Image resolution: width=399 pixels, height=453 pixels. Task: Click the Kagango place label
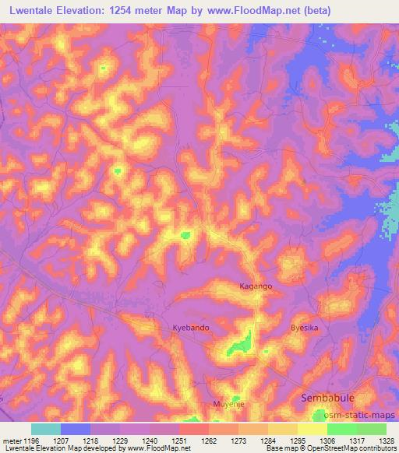[x=256, y=286]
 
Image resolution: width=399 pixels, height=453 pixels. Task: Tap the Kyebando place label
[x=191, y=328]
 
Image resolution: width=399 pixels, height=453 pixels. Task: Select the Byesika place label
[x=305, y=328]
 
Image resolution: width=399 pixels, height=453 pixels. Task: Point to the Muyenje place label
[x=228, y=405]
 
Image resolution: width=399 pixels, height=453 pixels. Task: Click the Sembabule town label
[x=328, y=398]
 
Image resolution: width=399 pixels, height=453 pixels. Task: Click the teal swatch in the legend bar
[x=46, y=428]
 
